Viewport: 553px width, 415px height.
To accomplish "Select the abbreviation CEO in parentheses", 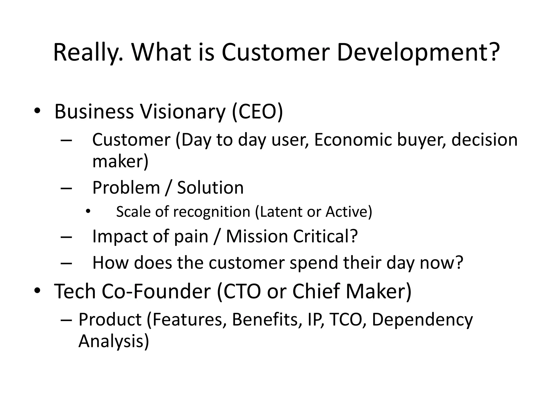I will pos(257,112).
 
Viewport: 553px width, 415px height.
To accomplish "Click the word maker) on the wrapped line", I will pos(120,161).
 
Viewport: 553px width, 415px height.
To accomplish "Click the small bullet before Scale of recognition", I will pos(87,212).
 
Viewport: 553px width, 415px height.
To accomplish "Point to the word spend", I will pos(313,263).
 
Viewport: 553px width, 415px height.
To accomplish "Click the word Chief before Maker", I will pos(316,291).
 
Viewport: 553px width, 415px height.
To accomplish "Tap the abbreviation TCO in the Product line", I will pos(346,320).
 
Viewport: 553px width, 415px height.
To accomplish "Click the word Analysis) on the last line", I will pos(113,341).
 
